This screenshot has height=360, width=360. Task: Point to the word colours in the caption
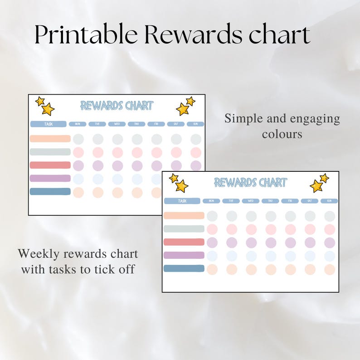point(282,135)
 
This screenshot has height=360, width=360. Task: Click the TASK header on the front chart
point(182,201)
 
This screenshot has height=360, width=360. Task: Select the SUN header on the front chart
point(329,201)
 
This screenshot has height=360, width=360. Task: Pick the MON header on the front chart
point(211,201)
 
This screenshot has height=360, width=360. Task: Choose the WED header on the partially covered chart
point(117,124)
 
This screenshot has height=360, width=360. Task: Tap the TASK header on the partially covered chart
point(49,124)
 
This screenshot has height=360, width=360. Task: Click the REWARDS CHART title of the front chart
point(250,183)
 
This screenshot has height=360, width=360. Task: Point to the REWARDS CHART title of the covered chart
point(117,106)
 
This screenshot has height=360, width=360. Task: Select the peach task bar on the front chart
point(184,215)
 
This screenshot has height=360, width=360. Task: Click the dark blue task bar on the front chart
point(184,268)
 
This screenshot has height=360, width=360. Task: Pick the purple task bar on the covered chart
point(50,178)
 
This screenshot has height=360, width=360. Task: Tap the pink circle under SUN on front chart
point(330,229)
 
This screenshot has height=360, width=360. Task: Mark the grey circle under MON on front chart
point(212,216)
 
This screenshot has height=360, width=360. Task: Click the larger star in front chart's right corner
point(316,186)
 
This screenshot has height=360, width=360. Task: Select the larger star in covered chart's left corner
point(48,109)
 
